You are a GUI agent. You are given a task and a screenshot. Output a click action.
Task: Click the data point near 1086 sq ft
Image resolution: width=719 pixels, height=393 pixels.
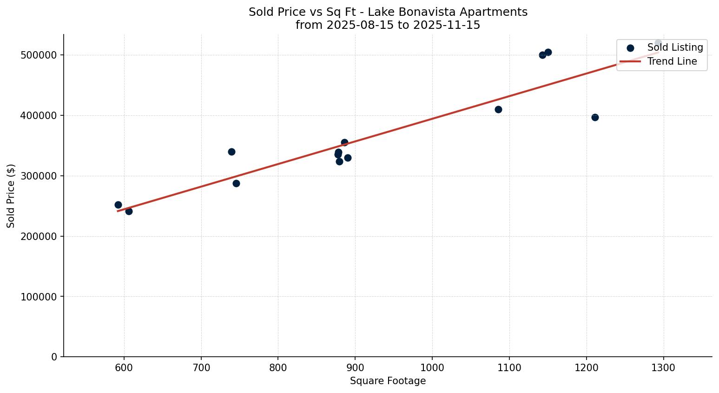click(x=498, y=110)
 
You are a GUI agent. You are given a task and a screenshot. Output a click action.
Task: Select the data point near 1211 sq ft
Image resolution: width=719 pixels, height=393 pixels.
click(x=595, y=117)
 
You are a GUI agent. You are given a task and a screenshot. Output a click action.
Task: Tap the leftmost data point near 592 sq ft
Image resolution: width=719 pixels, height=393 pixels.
click(x=118, y=205)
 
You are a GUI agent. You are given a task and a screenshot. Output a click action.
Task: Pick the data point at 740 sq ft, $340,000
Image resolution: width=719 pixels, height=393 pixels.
click(x=231, y=152)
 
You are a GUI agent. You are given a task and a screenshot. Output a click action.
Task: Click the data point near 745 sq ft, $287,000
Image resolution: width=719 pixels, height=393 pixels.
click(x=236, y=183)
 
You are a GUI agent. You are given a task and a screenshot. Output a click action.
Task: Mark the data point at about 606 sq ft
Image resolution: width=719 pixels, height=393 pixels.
click(x=129, y=211)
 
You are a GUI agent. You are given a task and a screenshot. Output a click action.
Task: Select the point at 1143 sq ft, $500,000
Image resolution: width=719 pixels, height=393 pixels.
click(x=542, y=55)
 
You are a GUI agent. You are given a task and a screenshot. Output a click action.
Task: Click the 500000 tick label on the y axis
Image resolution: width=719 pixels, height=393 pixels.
click(x=39, y=55)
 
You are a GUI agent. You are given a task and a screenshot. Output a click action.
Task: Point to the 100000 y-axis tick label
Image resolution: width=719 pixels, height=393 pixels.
click(x=39, y=297)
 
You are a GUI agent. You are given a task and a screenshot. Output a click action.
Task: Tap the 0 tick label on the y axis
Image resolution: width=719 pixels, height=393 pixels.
click(x=54, y=357)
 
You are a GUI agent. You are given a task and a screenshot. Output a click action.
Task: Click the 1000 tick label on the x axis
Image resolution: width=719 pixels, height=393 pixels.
click(x=432, y=367)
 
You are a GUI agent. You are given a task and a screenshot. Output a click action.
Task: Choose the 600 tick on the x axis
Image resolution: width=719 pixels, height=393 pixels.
click(x=124, y=367)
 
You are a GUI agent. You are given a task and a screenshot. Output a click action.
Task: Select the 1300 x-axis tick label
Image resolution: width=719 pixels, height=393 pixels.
click(x=663, y=367)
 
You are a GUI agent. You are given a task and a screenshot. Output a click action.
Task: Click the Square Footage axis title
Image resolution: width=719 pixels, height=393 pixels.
click(x=388, y=381)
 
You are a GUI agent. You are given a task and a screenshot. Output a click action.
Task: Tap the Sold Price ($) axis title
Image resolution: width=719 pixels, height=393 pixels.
click(x=11, y=196)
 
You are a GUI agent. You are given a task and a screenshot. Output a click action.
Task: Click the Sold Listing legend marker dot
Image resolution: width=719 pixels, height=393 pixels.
click(x=630, y=48)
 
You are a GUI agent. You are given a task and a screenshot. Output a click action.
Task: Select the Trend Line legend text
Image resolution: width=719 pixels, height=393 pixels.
click(x=672, y=61)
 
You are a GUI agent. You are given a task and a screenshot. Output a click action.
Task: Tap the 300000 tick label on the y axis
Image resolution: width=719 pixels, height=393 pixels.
click(x=39, y=176)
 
